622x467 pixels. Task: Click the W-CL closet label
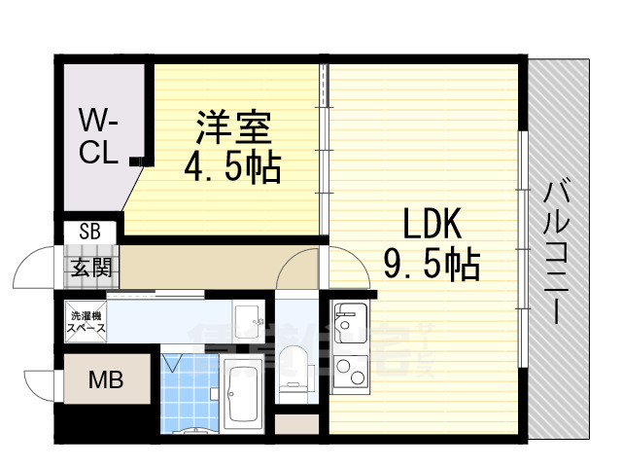[99, 137]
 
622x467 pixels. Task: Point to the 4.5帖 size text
[232, 167]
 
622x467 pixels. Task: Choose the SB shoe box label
[89, 233]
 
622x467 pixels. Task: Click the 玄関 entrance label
[89, 267]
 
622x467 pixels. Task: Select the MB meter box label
[106, 379]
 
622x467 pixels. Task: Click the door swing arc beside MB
[41, 382]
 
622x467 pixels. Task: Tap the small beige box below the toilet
[296, 425]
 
